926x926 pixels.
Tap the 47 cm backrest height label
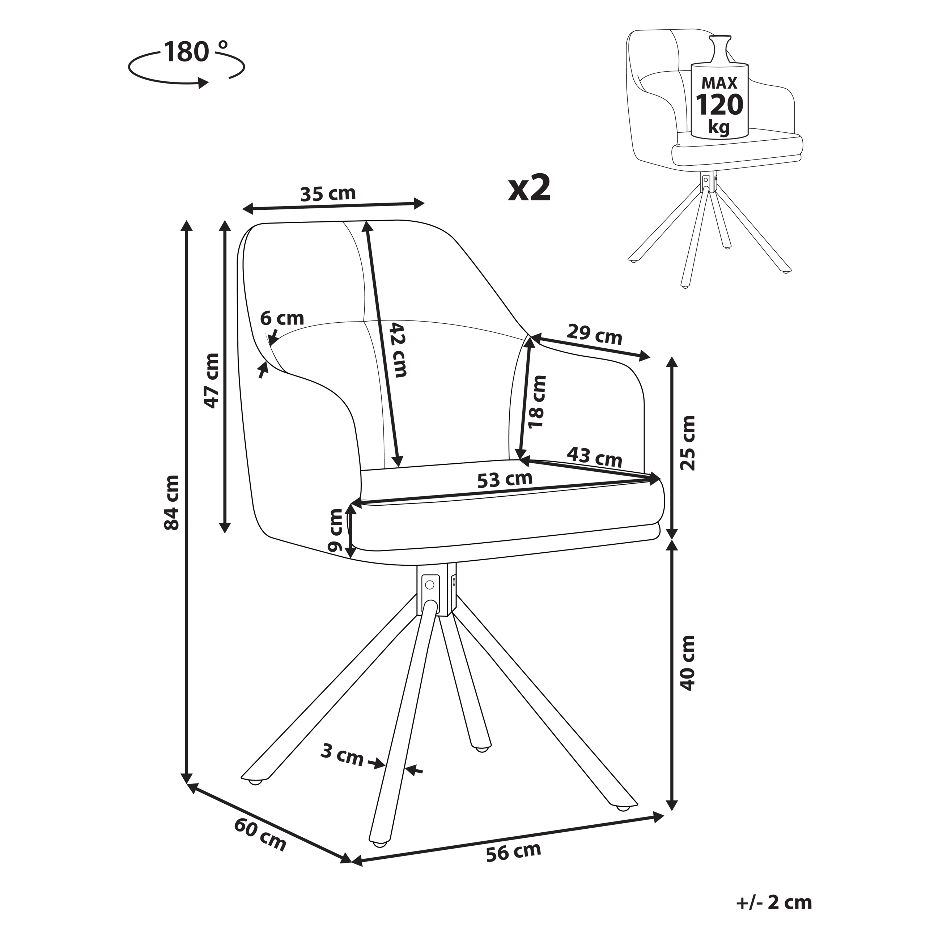[211, 381]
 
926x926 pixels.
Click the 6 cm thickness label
[282, 318]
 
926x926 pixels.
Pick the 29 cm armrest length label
[594, 335]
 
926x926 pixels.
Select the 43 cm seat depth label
[594, 457]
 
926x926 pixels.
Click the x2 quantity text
[529, 189]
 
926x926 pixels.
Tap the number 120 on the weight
[719, 105]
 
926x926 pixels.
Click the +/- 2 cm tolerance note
[774, 902]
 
